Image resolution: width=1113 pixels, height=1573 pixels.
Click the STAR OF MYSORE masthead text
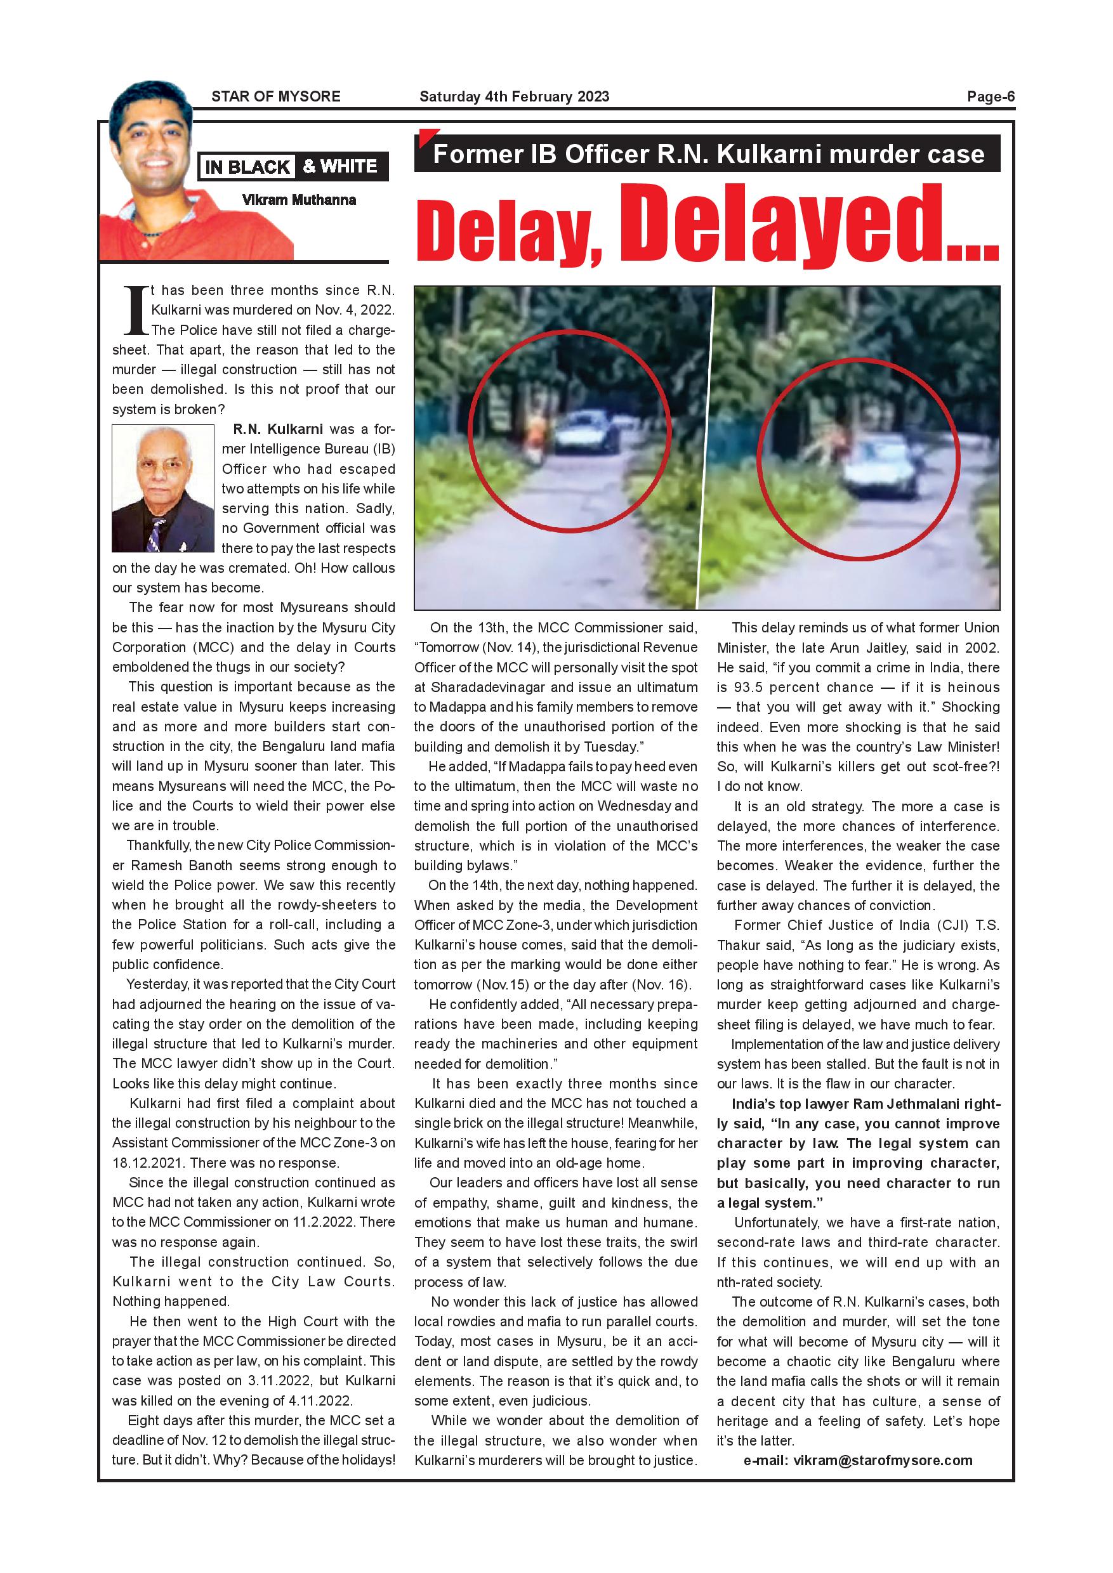(275, 96)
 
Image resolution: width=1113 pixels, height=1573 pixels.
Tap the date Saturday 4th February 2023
(514, 96)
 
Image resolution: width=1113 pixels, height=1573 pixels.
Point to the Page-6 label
(991, 96)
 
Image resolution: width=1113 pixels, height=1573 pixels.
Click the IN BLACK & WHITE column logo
(293, 166)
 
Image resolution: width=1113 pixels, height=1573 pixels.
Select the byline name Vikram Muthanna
(299, 200)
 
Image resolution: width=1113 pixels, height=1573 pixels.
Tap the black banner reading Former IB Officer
(708, 154)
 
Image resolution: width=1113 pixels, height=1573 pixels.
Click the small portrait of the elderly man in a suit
(163, 488)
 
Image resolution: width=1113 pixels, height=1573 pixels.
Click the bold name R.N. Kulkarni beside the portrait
(277, 429)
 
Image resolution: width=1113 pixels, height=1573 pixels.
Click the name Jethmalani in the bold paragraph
(925, 1104)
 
